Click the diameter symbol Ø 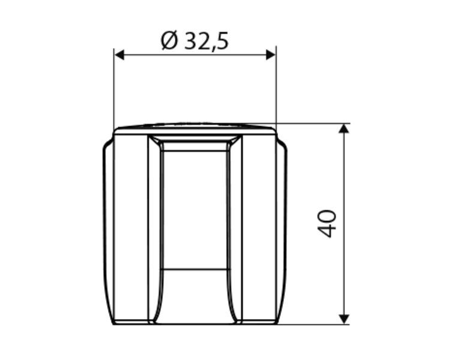[169, 40]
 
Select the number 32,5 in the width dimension [206, 41]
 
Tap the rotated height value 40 [327, 224]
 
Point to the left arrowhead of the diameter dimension [119, 55]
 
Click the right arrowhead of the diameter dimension [271, 55]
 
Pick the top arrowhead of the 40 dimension [344, 128]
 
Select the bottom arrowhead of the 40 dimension [344, 319]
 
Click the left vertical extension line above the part [114, 88]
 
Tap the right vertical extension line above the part [276, 85]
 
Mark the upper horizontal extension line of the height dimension [313, 124]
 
